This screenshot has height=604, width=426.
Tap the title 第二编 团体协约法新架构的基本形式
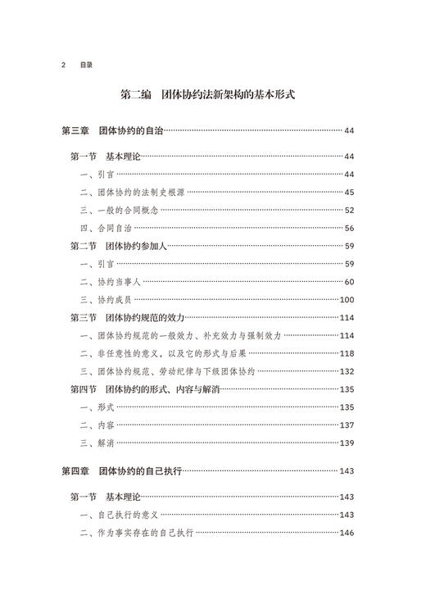point(213,95)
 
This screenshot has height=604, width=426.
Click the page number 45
point(348,193)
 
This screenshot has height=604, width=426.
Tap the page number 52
point(348,211)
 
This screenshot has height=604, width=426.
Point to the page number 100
point(346,300)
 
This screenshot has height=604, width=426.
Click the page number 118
point(346,353)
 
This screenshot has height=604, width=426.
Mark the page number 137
point(346,425)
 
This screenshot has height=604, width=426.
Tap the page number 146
point(346,534)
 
